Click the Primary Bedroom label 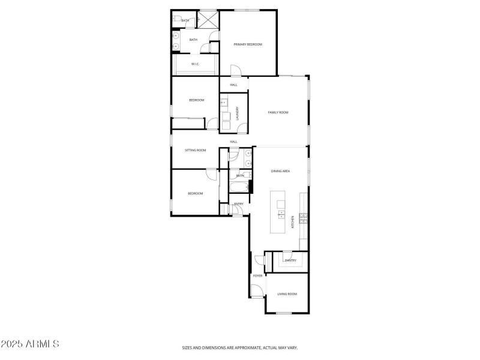[248, 44]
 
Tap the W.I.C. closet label [195, 64]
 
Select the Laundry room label [238, 113]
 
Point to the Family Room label [278, 112]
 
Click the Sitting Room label [195, 150]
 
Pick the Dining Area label [280, 171]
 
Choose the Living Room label [287, 294]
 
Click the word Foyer [257, 275]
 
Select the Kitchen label [293, 221]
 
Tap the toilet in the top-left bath [176, 20]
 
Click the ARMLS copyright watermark [30, 344]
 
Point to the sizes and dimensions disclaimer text [240, 347]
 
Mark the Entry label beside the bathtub [238, 204]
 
